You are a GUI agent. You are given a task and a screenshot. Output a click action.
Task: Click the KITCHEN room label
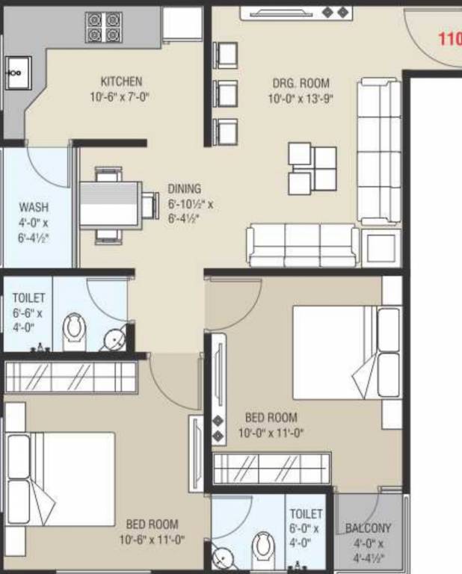[x=121, y=81]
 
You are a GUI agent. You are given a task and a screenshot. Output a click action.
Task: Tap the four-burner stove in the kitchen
[x=104, y=27]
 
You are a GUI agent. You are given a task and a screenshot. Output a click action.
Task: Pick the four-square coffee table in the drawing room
[x=312, y=168]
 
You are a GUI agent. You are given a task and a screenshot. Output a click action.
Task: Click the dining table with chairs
[x=110, y=204]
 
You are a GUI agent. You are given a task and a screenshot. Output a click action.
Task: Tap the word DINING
[x=184, y=189]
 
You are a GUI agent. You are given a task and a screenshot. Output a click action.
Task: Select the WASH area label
[x=34, y=207]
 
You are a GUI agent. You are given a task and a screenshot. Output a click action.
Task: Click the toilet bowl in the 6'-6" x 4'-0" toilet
[x=74, y=331]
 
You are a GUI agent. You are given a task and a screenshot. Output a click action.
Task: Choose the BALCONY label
[x=368, y=528]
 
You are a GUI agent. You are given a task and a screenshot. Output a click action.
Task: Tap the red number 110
[x=449, y=39]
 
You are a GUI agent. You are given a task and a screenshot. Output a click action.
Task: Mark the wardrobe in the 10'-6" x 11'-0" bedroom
[x=71, y=377]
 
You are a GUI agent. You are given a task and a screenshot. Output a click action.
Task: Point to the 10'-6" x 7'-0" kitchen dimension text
[x=121, y=96]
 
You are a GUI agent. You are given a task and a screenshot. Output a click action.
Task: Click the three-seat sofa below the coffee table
[x=302, y=244]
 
